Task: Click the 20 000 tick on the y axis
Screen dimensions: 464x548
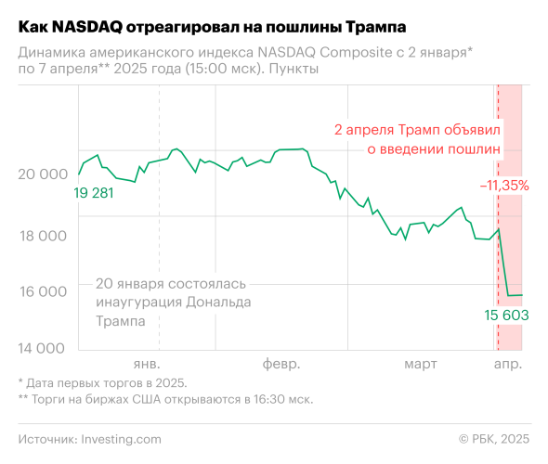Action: [42, 174]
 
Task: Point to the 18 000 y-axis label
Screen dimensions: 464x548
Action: [42, 236]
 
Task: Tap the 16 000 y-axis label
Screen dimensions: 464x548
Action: [42, 291]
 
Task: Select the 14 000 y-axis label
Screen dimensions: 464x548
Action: [42, 349]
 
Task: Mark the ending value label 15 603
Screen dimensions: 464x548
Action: [506, 316]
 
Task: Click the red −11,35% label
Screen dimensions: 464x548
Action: [504, 186]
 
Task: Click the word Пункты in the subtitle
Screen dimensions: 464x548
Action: [295, 70]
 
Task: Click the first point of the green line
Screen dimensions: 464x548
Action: [79, 174]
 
